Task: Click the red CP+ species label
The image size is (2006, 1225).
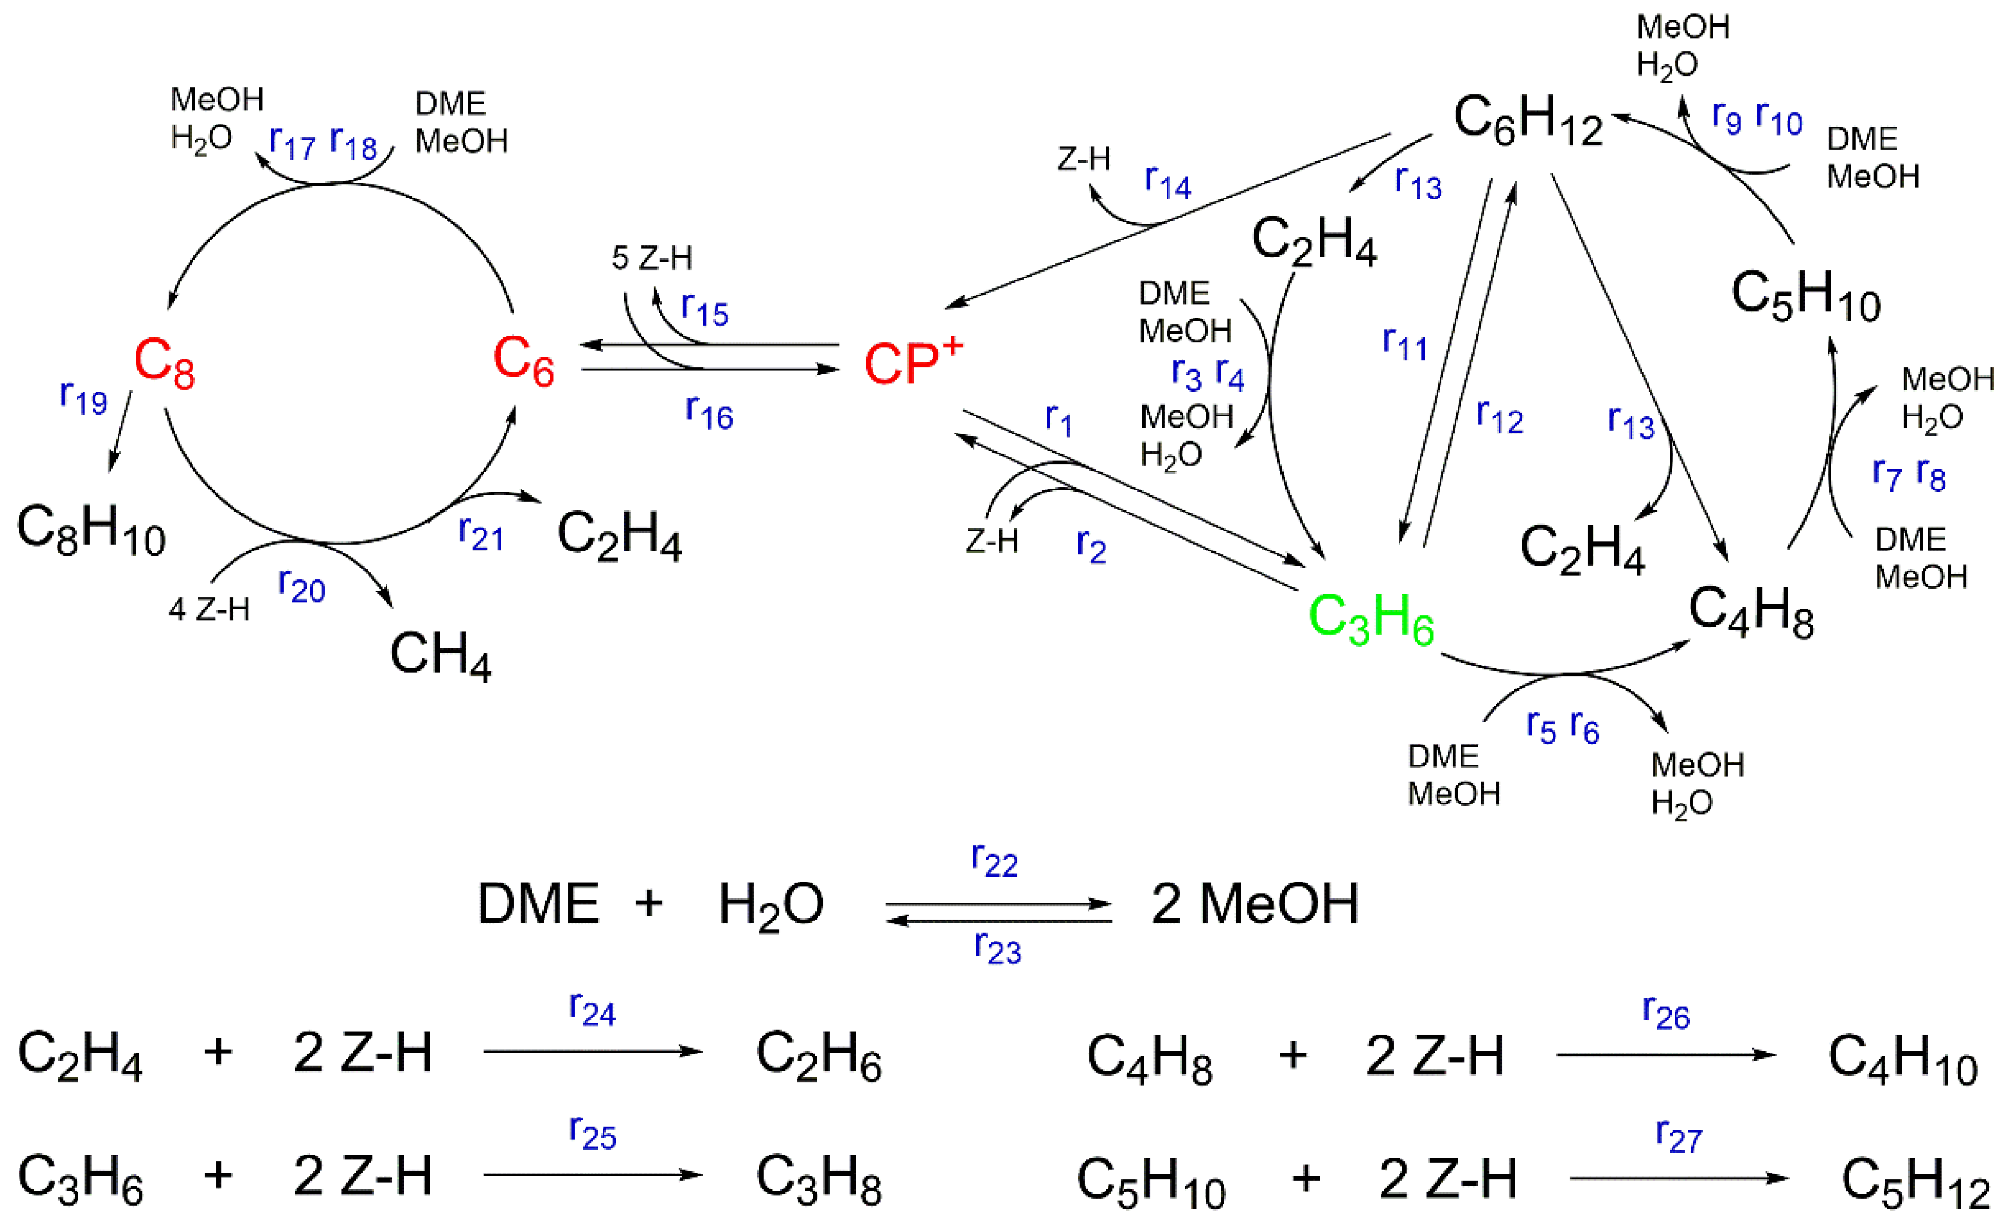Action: [x=912, y=362]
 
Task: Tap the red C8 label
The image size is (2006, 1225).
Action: [x=165, y=362]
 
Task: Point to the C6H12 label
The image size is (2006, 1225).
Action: [x=1528, y=121]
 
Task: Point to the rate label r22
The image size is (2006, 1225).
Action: [x=994, y=860]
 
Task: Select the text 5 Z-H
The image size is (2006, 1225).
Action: [x=651, y=259]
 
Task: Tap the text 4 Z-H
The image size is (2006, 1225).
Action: [x=208, y=609]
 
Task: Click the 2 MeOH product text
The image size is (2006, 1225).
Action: [x=1255, y=904]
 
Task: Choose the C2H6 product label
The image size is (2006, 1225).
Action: [x=818, y=1056]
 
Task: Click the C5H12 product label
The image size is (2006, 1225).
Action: [x=1915, y=1182]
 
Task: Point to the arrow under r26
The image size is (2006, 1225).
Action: [x=1666, y=1055]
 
